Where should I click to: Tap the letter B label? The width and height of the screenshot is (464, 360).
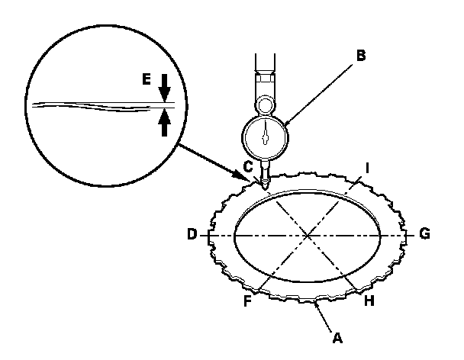(361, 55)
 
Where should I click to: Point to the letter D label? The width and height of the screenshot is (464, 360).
(192, 234)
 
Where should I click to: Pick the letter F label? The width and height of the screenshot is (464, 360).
(247, 301)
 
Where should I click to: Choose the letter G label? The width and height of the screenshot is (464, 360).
(424, 234)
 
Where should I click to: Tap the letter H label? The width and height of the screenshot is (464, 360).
(369, 301)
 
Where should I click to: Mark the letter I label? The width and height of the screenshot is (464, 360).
(368, 166)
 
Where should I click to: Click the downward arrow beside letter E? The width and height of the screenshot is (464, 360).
(164, 88)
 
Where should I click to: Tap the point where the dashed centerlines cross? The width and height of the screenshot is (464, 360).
(307, 236)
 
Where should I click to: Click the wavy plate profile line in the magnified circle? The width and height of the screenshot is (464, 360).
(92, 106)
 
